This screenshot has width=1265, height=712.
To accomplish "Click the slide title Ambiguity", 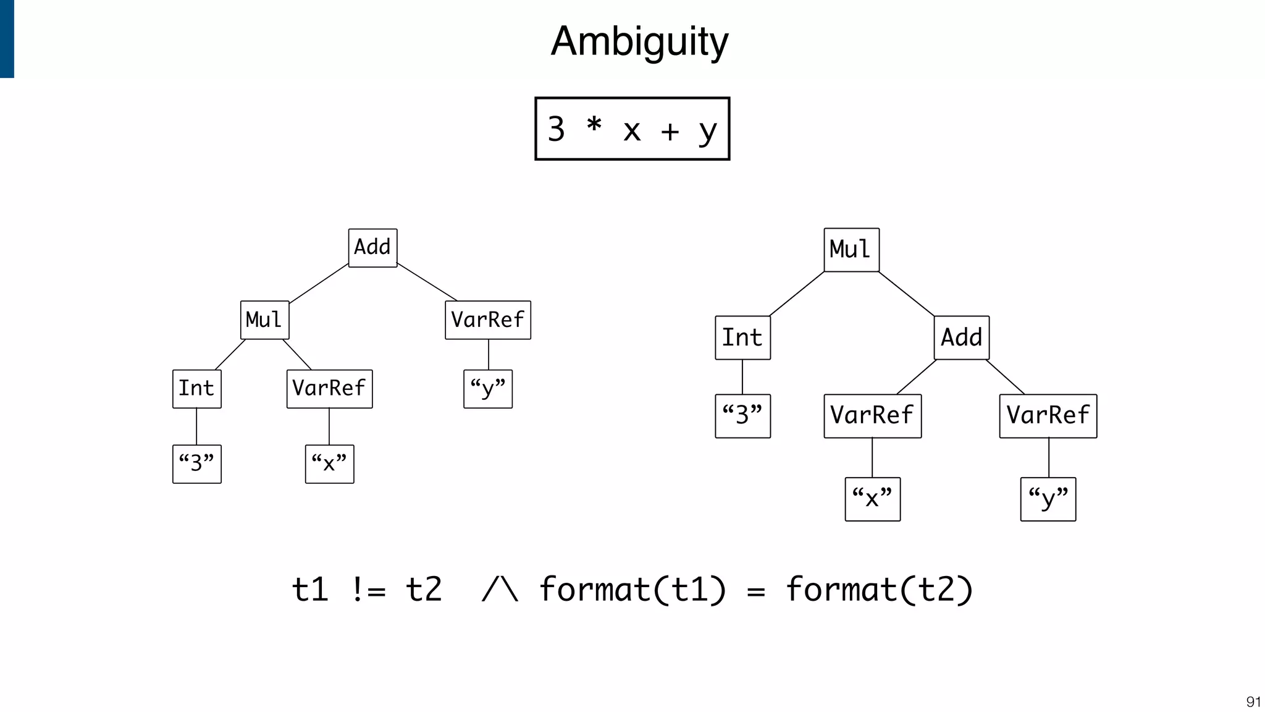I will pos(639,42).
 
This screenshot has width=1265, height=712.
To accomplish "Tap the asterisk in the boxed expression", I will pos(594,126).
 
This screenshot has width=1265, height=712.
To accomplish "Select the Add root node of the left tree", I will pos(372,248).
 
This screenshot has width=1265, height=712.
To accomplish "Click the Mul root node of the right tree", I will pos(851,250).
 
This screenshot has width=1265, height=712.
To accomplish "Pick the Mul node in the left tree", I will pos(264,320).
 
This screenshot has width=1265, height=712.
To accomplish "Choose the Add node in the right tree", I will pos(961,337).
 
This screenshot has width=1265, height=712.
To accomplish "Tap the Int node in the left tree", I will pos(196,389).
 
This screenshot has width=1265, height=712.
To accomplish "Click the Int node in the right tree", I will pos(742,337).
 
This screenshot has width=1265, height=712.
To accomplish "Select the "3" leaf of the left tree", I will pos(196,464).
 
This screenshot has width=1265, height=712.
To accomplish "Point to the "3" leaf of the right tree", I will pos(742,416).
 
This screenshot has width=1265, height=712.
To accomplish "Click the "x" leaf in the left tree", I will pos(329,464).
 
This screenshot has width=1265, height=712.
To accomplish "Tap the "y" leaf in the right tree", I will pos(1048,499).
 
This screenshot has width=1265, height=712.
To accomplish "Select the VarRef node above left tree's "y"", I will pos(487,320).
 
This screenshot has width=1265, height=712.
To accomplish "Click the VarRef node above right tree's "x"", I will pos(872,416).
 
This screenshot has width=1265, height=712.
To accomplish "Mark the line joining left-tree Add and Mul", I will pos(319,284).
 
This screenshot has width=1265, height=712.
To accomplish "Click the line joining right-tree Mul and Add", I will pos(906,294).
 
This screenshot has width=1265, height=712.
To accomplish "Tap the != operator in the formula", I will pos(369,590).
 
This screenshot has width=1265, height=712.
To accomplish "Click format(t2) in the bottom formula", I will pos(879,590).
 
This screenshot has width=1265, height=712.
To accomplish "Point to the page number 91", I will pos(1253,701).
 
